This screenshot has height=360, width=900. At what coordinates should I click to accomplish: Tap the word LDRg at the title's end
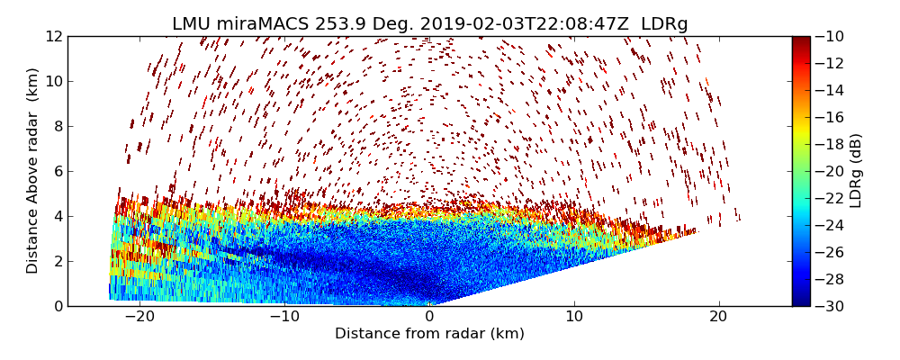[664, 23]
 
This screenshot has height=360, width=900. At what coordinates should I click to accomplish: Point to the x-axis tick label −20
[139, 317]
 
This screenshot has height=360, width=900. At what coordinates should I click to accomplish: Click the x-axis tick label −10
[284, 317]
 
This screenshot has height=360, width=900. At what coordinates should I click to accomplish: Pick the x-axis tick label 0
[429, 317]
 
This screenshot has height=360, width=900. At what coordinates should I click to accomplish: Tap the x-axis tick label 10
[574, 317]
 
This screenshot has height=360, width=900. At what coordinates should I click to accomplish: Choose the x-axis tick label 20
[718, 317]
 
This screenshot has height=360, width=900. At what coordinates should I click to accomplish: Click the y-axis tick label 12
[54, 36]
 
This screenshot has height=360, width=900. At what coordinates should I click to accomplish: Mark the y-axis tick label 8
[58, 126]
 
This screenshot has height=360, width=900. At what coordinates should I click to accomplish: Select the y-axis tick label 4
[58, 216]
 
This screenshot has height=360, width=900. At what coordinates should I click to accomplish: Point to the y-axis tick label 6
[58, 171]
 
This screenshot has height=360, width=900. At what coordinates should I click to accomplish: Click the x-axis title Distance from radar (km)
[429, 334]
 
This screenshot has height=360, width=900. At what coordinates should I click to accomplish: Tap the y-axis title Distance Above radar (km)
[33, 171]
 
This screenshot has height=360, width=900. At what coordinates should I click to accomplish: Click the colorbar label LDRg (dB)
[856, 171]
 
